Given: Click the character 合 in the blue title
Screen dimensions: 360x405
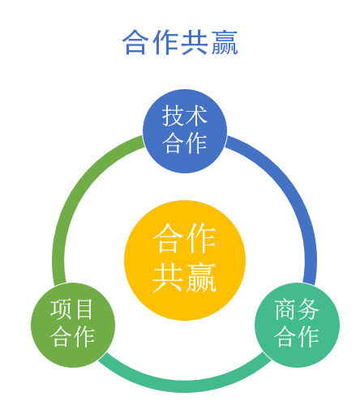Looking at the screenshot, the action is [136, 42].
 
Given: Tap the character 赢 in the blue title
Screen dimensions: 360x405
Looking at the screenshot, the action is [225, 42].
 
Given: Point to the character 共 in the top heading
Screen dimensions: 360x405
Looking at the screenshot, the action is [195, 42].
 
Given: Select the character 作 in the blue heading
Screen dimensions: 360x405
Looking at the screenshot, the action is [165, 42].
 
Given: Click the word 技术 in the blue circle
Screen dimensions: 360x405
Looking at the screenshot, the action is [185, 116].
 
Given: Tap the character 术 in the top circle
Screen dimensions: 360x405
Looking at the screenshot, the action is [196, 116].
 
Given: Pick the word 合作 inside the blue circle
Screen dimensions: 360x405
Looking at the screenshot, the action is [185, 143].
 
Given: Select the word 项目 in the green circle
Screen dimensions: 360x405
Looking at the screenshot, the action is [72, 309].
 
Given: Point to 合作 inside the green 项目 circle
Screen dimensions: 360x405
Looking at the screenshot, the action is [72, 336].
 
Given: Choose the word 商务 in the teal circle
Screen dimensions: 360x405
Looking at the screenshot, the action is [297, 309].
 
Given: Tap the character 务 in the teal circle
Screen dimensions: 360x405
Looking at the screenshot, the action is [308, 309].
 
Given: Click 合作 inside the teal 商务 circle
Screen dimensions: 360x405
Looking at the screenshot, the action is [297, 336].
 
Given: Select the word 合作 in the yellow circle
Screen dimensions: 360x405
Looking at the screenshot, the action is [185, 238].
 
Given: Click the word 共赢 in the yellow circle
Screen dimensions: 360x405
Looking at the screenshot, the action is [185, 277].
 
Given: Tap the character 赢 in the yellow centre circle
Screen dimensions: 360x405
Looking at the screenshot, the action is [201, 277].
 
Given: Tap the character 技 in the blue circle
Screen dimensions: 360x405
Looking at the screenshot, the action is [173, 116].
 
